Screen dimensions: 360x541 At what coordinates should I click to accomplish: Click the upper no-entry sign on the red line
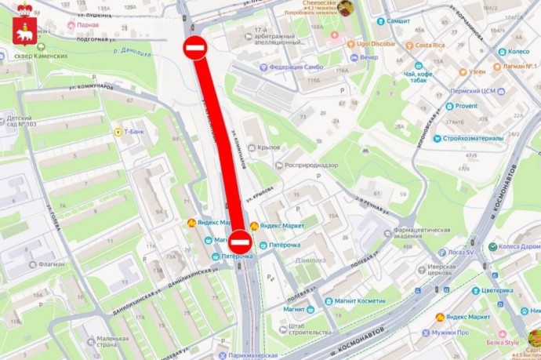pyautogui.click(x=195, y=49)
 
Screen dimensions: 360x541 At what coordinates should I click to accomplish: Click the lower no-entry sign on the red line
pyautogui.click(x=240, y=242)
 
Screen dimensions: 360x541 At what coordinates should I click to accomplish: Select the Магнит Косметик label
pyautogui.click(x=358, y=300)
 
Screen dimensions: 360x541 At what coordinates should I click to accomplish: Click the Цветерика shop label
pyautogui.click(x=496, y=290)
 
